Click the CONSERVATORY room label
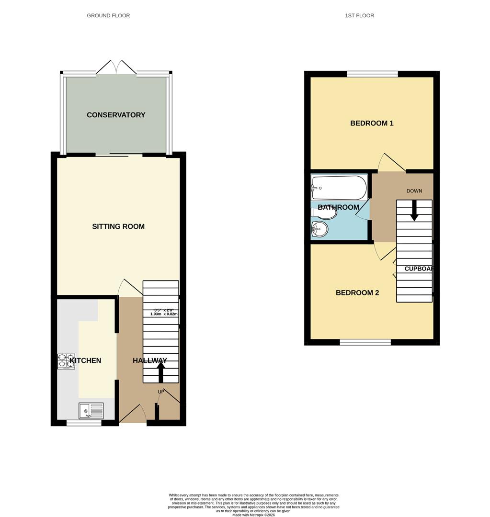coord(116,115)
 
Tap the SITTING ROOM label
coord(118,226)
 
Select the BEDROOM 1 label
coord(372,123)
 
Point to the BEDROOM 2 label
coord(357,292)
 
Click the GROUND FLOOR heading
coord(108,15)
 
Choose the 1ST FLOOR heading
coord(359,15)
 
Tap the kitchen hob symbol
coord(66,361)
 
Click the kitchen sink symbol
coord(91,411)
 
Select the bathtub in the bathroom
coord(339,188)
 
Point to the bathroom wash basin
coord(319,230)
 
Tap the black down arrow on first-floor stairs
coord(414,211)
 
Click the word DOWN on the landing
coord(414,191)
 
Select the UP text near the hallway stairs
coord(161,392)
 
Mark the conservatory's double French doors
coord(116,68)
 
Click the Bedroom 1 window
coord(372,74)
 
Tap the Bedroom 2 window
coord(365,342)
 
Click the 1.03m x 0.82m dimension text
coord(164,314)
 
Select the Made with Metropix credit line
coord(254,515)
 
